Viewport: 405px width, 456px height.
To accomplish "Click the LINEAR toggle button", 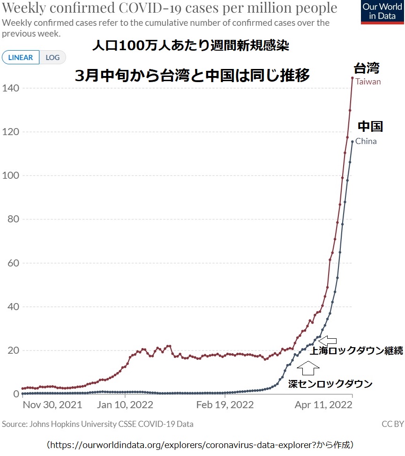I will [21, 58].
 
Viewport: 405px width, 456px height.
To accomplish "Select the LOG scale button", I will [52, 58].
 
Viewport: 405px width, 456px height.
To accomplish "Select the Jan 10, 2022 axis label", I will [125, 404].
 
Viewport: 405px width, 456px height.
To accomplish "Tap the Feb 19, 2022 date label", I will [225, 404].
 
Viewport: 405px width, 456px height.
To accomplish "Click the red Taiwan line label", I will [368, 82].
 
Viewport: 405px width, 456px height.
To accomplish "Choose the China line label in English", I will [366, 141].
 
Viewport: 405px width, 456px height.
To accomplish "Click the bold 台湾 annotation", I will [366, 68].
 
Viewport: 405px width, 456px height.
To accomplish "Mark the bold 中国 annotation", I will [370, 126].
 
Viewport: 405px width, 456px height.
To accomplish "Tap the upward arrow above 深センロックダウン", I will [308, 369].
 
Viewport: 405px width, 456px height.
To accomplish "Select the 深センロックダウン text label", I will [330, 384].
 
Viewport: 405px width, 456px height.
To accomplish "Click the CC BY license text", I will [392, 424].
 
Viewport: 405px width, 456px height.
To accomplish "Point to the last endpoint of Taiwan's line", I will [352, 78].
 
